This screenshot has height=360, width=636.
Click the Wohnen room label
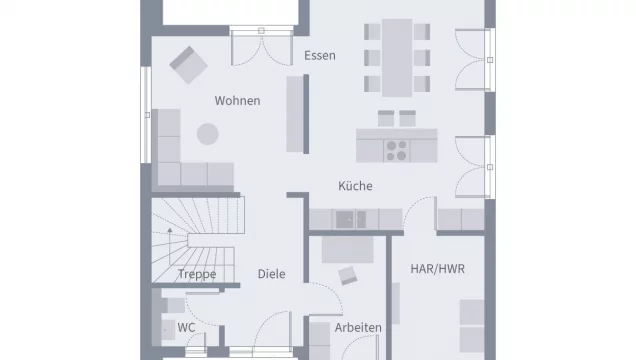click(x=237, y=101)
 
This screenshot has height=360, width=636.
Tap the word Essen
click(x=320, y=56)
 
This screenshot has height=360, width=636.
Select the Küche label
click(x=355, y=186)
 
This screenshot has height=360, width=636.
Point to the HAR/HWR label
click(x=437, y=269)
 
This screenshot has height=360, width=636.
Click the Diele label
click(x=271, y=273)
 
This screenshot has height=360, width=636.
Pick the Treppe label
click(x=197, y=274)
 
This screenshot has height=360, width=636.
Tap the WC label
click(x=186, y=327)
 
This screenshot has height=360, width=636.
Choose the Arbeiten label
click(x=357, y=328)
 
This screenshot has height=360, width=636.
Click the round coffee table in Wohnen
click(x=207, y=133)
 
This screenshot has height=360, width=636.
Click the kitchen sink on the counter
click(x=347, y=219)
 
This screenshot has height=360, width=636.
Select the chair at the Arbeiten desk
click(x=348, y=276)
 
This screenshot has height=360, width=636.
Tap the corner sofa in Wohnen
click(x=180, y=160)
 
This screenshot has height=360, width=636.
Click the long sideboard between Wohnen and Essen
click(x=296, y=114)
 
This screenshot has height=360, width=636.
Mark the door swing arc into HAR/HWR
click(x=418, y=212)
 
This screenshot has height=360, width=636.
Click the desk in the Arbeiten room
click(x=349, y=248)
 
